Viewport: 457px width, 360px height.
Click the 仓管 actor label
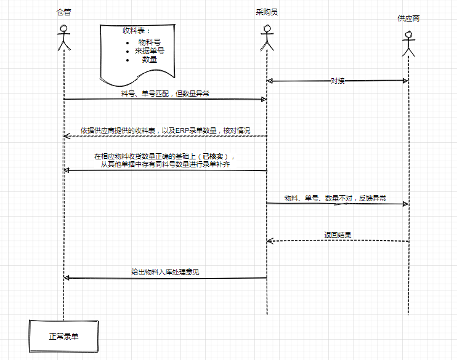click(x=63, y=12)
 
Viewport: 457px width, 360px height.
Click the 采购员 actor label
click(x=267, y=12)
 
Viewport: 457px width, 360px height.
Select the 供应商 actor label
click(x=408, y=19)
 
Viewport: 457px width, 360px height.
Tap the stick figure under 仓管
click(x=63, y=39)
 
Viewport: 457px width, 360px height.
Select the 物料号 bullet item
click(x=150, y=42)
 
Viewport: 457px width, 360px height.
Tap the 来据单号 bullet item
click(x=150, y=51)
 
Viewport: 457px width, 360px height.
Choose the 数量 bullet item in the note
click(x=150, y=60)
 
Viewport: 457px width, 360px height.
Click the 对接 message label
click(x=337, y=81)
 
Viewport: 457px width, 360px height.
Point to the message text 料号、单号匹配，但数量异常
click(x=166, y=94)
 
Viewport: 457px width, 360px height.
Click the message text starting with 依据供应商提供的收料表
click(x=166, y=130)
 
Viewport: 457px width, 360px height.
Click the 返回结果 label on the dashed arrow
click(x=338, y=235)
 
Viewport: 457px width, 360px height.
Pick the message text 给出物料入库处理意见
click(x=166, y=272)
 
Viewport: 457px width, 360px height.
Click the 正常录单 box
click(x=64, y=337)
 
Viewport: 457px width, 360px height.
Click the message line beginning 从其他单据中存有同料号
click(x=166, y=165)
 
